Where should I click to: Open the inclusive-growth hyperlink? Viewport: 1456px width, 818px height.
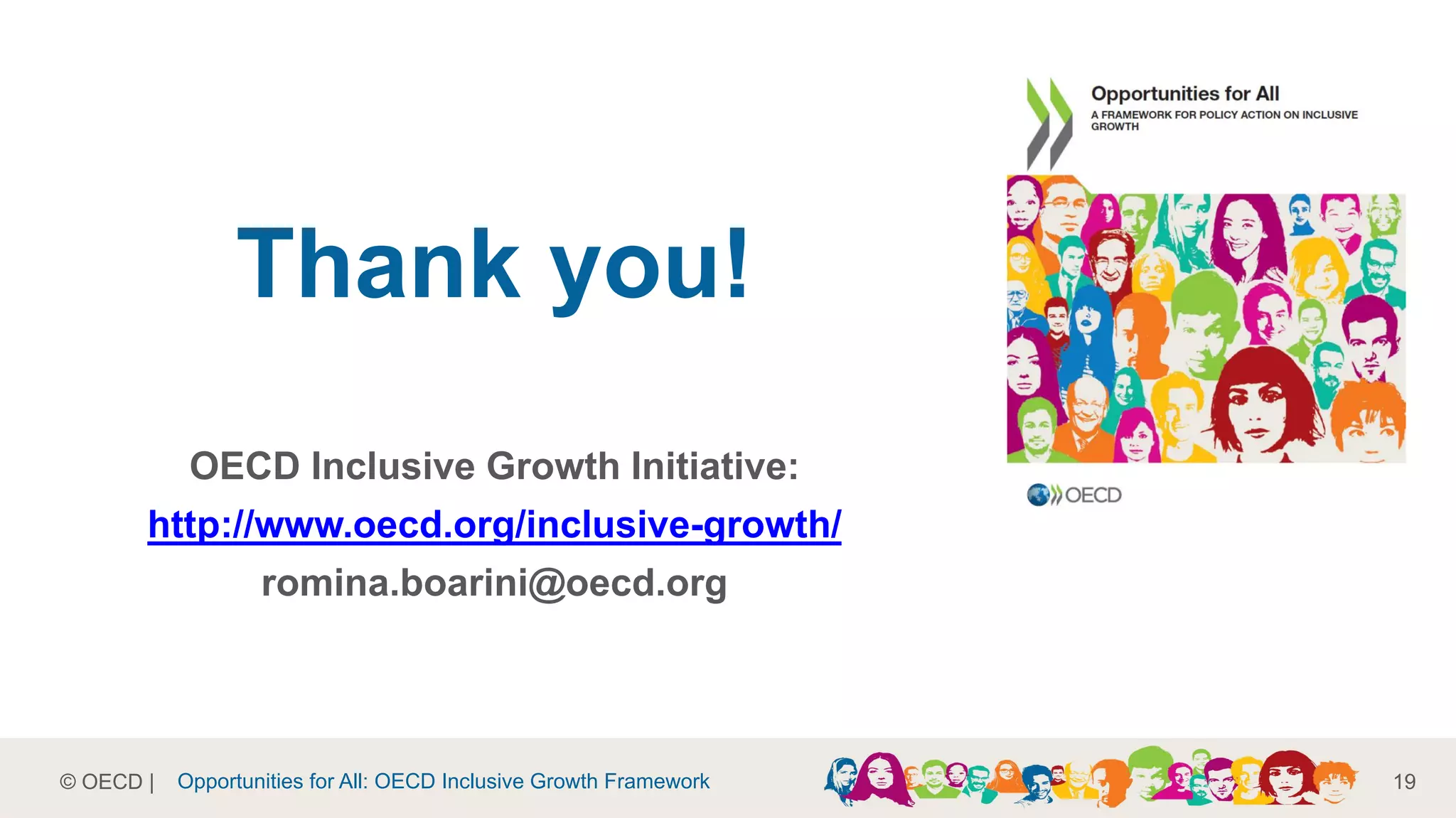(494, 525)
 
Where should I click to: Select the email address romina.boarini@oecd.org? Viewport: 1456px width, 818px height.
(494, 583)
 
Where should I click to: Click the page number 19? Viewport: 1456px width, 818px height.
(1404, 782)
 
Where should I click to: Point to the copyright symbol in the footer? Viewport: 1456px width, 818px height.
(68, 782)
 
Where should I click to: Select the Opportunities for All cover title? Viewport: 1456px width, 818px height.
(1184, 94)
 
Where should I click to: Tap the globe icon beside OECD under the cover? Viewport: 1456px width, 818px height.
(1038, 495)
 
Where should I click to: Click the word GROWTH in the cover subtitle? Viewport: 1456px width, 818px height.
(1115, 127)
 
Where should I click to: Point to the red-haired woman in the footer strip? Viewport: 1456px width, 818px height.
(1287, 778)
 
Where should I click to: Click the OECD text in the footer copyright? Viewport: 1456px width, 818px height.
(112, 782)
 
